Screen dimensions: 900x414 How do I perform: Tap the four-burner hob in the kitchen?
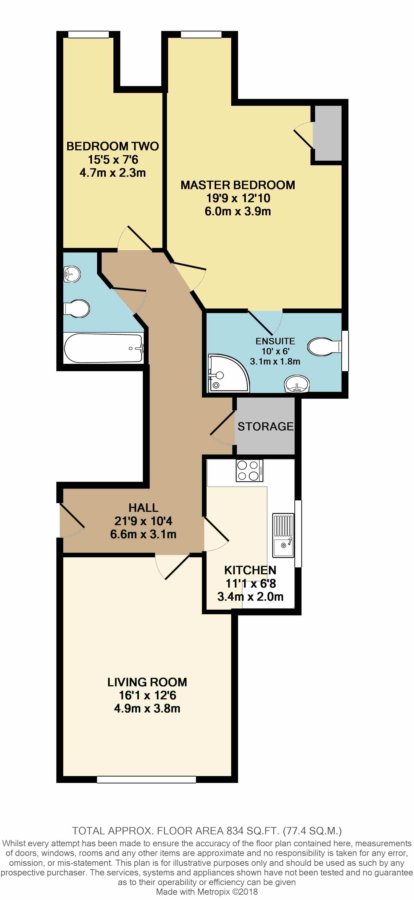[249, 470]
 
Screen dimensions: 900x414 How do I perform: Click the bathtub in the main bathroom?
[103, 348]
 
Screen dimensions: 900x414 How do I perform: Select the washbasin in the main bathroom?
[72, 274]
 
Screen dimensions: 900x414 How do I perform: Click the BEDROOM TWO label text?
[112, 146]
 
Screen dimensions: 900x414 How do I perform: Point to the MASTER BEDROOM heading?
[238, 185]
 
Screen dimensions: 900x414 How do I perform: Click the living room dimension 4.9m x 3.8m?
[147, 708]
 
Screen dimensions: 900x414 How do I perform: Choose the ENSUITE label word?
[275, 341]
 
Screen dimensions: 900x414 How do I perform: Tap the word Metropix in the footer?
[213, 891]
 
